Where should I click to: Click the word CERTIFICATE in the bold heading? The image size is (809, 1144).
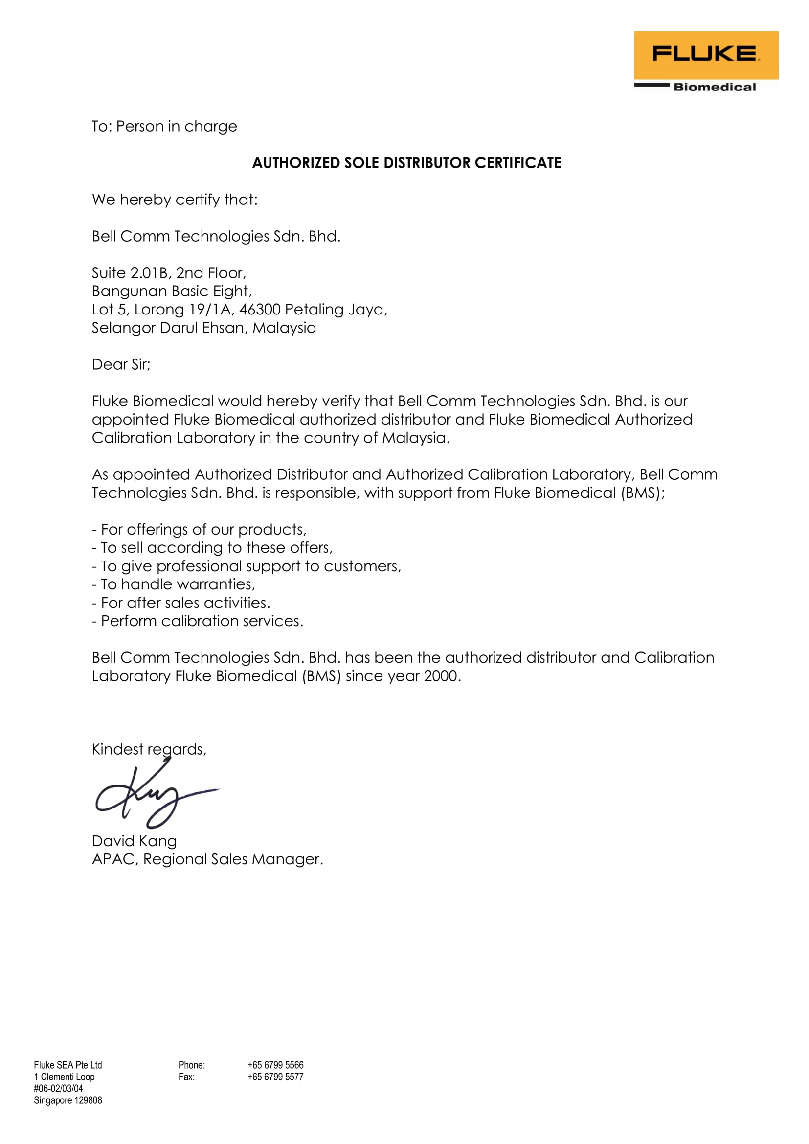point(517,163)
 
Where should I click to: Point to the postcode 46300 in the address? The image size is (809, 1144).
point(260,310)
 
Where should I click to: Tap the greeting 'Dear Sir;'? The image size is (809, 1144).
point(121,364)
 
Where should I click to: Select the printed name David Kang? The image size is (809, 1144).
point(134,841)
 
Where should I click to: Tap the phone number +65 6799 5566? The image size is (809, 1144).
point(275,1065)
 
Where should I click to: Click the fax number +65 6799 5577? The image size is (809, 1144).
point(275,1077)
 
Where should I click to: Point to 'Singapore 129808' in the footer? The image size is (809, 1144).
point(68,1100)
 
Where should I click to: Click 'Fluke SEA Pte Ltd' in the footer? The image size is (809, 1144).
point(68,1065)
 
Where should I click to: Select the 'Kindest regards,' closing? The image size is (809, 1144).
point(149,749)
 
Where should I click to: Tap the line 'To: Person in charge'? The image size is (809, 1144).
point(164,127)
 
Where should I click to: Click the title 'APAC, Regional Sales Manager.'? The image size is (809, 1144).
point(207,859)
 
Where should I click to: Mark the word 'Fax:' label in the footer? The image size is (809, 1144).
point(186,1077)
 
